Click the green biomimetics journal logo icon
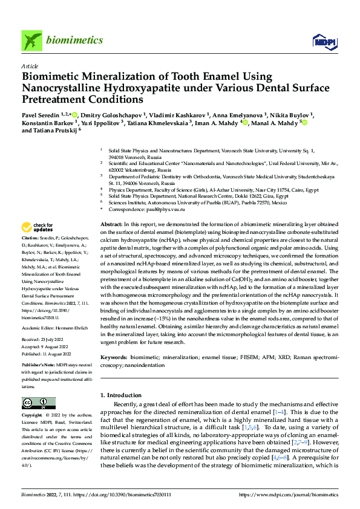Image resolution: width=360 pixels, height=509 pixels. coord(32,41)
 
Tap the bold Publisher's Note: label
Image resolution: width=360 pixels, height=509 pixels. coord(39,366)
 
